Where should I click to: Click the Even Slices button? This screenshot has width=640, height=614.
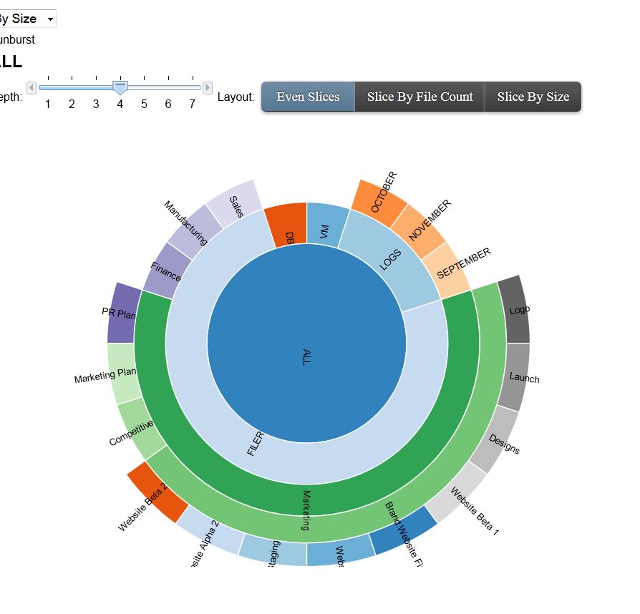[x=308, y=97]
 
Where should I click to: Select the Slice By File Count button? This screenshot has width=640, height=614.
[x=420, y=97]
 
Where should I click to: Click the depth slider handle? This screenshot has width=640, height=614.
[x=120, y=87]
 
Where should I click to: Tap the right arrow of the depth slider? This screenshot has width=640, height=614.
[x=208, y=87]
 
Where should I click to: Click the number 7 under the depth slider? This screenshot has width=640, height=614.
[x=192, y=104]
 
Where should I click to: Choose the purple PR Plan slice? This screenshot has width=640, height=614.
[x=121, y=313]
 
